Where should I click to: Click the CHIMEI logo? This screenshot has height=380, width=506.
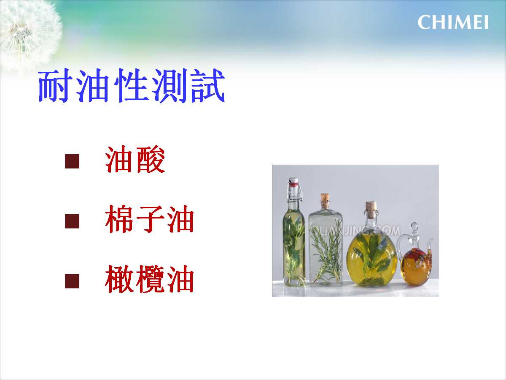453,22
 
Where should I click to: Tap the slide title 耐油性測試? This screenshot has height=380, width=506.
132,85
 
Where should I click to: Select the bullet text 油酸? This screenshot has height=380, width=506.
135,159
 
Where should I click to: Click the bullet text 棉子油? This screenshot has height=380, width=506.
149,219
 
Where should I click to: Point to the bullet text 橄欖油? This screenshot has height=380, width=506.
149,279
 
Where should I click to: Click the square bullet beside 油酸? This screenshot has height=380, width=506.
72,161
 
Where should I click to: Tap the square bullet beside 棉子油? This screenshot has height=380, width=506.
72,221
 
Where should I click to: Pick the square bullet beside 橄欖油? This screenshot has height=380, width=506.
72,281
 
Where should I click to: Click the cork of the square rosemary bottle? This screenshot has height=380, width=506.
325,200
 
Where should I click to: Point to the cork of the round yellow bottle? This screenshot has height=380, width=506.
371,209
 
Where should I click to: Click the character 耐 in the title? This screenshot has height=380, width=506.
54,85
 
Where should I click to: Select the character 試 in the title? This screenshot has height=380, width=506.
208,85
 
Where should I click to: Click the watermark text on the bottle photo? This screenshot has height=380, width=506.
355,231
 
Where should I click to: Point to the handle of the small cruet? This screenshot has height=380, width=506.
401,244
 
